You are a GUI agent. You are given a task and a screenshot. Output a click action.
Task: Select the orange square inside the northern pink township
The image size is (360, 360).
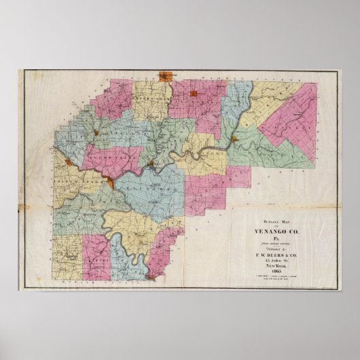pos(194,93)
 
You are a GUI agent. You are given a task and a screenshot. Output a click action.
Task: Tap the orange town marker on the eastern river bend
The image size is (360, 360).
pos(234,139)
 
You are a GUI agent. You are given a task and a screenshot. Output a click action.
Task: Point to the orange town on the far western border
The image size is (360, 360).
pos(69,161)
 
